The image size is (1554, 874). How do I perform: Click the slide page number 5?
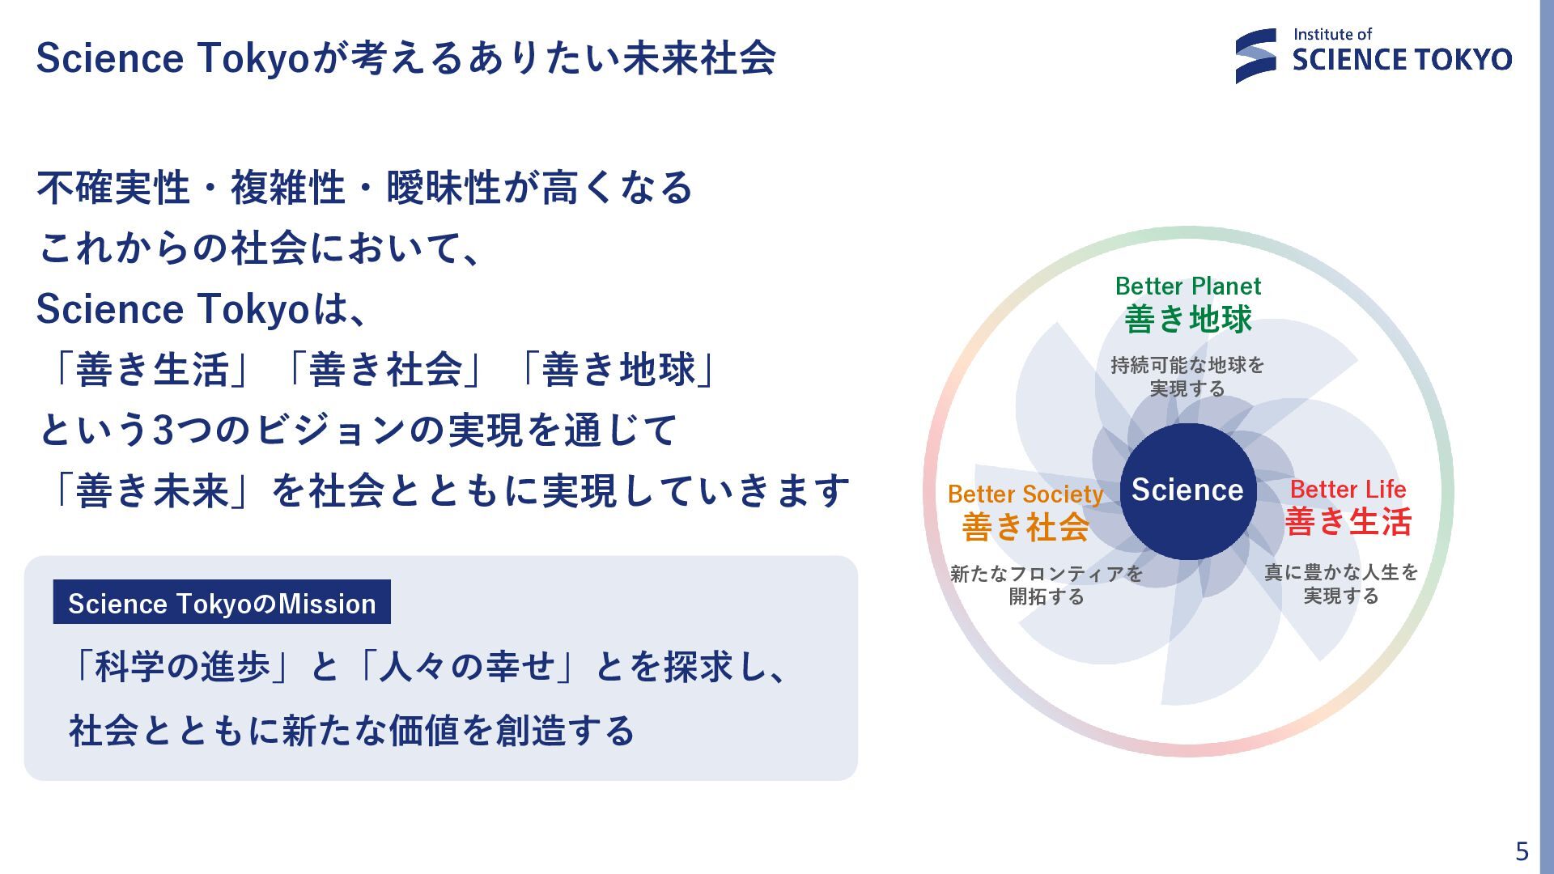click(x=1522, y=851)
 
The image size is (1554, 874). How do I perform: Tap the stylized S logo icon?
click(x=1255, y=56)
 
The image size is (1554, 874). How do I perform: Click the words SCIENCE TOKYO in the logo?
click(x=1402, y=60)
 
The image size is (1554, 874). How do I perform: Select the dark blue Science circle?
click(x=1187, y=490)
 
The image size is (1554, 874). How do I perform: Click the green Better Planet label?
click(x=1187, y=286)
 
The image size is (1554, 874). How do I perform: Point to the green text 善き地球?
click(x=1187, y=319)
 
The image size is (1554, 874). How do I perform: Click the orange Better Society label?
click(x=1025, y=494)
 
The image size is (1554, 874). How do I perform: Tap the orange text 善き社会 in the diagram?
click(x=1025, y=528)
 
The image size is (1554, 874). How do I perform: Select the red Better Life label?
click(x=1348, y=489)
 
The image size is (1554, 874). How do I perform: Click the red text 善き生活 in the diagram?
click(x=1348, y=522)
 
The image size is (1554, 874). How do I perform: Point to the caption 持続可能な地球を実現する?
click(x=1187, y=376)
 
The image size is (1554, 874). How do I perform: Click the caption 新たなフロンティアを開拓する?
click(x=1046, y=585)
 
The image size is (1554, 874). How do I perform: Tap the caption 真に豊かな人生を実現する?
click(x=1341, y=583)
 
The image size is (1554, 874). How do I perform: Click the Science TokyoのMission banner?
click(x=222, y=603)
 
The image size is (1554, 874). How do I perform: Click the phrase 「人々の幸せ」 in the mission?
click(x=466, y=667)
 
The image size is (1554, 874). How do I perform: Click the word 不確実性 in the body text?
click(x=113, y=188)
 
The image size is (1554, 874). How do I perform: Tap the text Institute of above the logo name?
click(x=1332, y=34)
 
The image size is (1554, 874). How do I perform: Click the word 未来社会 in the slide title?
click(x=698, y=58)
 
